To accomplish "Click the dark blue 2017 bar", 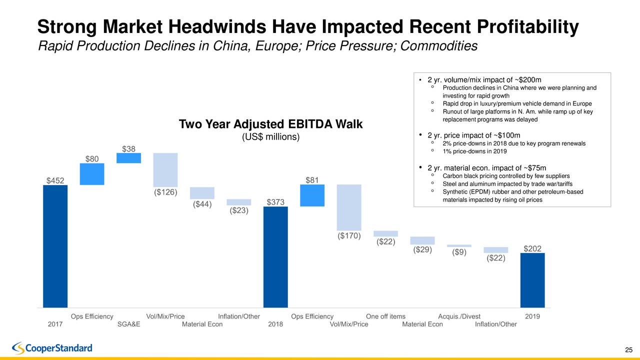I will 55,246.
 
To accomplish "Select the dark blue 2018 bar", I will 275,256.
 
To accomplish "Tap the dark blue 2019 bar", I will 532,280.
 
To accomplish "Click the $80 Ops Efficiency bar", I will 92,174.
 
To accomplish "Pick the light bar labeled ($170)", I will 349,207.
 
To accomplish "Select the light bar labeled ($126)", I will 165,170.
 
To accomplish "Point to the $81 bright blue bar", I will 312,195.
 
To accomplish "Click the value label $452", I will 55,180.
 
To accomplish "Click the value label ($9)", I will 459,252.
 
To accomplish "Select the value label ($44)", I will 202,204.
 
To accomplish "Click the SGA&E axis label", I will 128,324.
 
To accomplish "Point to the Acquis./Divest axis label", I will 459,316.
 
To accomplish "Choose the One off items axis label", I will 385,316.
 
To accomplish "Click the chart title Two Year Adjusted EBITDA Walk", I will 270,124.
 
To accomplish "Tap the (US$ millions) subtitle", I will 270,137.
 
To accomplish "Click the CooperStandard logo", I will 52,347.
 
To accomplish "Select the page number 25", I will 629,349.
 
